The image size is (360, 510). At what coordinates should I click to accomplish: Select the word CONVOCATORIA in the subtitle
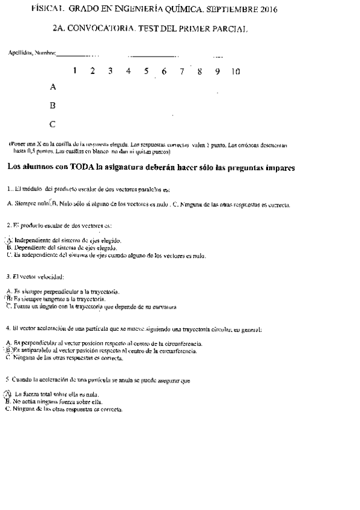pos(102,29)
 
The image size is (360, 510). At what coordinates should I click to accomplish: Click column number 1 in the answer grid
pos(75,71)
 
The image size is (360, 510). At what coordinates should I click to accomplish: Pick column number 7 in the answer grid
pos(182,71)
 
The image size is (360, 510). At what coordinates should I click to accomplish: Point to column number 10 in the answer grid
pos(235,71)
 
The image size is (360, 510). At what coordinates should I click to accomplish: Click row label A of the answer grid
pos(53,87)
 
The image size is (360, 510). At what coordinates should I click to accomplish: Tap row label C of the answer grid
pos(53,124)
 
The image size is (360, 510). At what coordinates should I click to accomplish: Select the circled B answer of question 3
pos(9,299)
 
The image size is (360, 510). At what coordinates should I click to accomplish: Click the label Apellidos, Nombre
pos(31,53)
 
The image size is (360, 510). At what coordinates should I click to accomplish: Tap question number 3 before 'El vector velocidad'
pos(7,277)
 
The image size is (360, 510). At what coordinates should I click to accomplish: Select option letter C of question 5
pos(8,408)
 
